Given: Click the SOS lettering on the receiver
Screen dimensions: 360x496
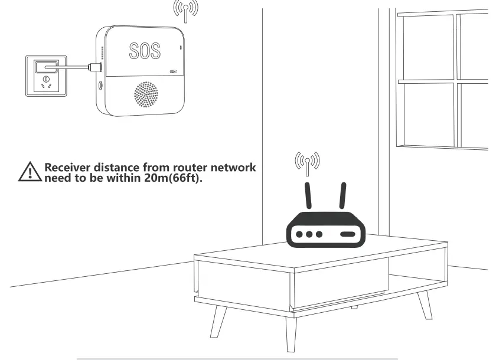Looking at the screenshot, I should pos(144,51).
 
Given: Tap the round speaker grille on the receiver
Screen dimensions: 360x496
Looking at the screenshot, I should pos(146,94).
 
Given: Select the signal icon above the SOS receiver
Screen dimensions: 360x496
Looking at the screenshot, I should pos(185,10).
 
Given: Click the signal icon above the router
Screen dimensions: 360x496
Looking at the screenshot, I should pos(307,163).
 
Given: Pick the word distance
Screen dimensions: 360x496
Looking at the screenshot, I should pos(121,167).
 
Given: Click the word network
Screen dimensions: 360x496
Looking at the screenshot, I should pos(234,167).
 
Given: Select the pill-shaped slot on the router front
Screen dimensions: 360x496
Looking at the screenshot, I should pos(347,234).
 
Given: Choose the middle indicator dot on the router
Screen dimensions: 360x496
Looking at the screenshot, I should pos(309,234).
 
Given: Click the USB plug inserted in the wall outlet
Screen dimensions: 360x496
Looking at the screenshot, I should pos(46,66).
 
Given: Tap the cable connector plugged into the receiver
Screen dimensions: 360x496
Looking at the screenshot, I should pos(93,67).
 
